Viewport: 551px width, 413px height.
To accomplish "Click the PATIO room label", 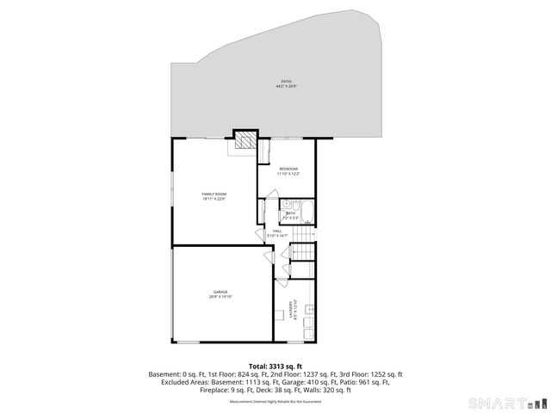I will click(x=286, y=82).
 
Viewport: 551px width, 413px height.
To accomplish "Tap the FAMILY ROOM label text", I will click(x=214, y=194).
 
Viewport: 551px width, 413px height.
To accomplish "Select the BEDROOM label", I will click(x=288, y=168).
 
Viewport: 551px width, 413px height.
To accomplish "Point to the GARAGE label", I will click(x=220, y=292).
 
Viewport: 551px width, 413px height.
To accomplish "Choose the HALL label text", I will click(x=278, y=231).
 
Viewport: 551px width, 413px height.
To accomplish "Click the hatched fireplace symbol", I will click(x=245, y=140).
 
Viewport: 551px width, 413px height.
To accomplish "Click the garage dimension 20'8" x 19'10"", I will click(x=220, y=296).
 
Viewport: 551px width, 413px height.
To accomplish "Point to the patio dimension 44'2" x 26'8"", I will click(x=286, y=86).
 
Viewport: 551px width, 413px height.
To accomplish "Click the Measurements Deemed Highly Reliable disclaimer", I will click(x=275, y=401).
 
